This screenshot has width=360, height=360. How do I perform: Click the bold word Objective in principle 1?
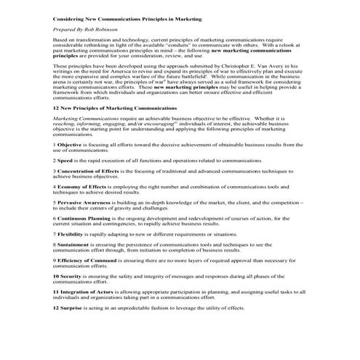(71, 144)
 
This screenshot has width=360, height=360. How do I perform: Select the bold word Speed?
(66, 159)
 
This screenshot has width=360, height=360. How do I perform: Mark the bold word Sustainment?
(74, 245)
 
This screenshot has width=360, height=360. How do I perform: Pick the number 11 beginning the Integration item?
(55, 292)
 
